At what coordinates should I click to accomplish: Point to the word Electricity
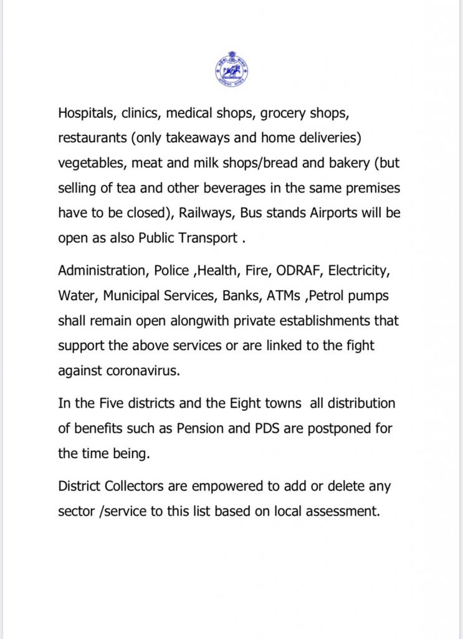(x=361, y=271)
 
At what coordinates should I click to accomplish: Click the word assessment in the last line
(x=340, y=510)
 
